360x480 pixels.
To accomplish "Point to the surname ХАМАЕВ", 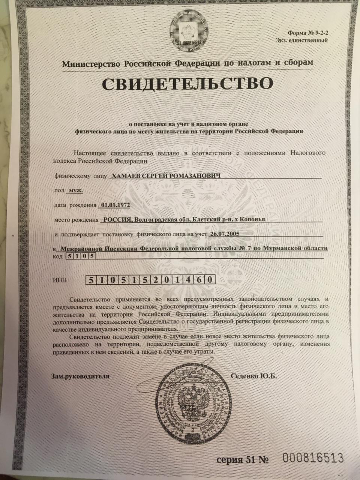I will (x=121, y=176).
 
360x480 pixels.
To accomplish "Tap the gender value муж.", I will (x=75, y=190).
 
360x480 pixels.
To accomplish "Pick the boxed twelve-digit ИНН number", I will (x=151, y=280).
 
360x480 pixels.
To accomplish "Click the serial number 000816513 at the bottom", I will (x=313, y=458).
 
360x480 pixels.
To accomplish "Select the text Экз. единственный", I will (x=302, y=40).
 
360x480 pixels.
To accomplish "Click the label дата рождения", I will (x=75, y=205).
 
